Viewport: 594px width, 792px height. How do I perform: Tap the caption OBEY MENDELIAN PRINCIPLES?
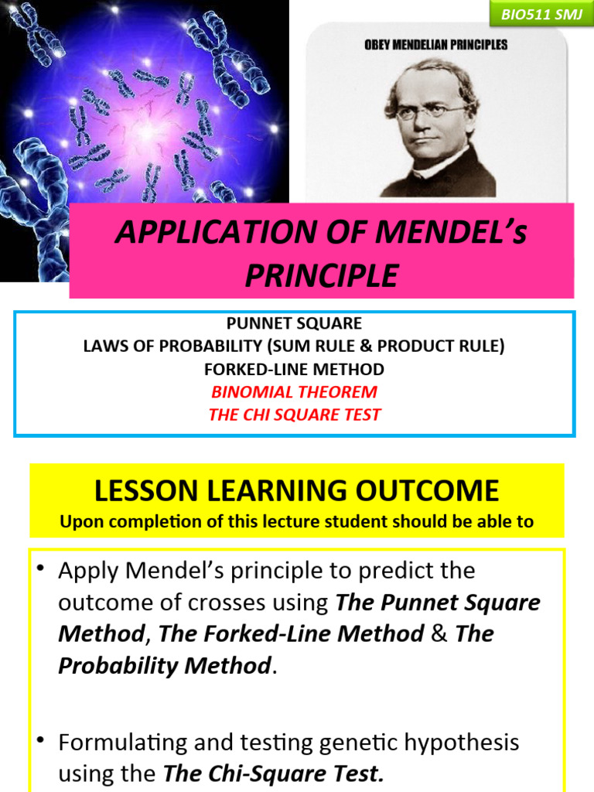click(435, 45)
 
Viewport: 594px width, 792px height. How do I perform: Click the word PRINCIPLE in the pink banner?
click(322, 275)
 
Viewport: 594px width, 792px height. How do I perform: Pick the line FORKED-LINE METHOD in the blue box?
click(294, 369)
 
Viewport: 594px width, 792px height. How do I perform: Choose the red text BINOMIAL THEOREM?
click(294, 391)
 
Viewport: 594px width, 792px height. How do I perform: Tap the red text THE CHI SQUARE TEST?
click(294, 415)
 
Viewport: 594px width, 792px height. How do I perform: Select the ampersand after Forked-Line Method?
click(439, 634)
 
